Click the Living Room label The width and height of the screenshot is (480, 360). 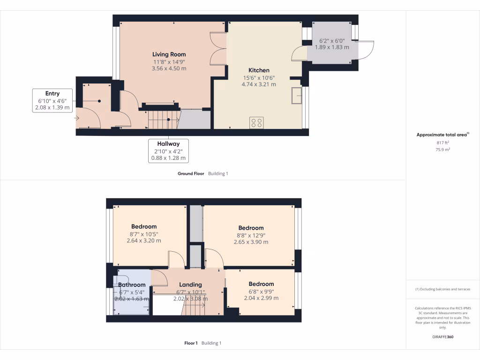(169, 54)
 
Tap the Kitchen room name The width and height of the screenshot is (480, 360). (259, 70)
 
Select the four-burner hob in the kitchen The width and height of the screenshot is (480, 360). (256, 122)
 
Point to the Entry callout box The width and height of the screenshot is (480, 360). (52, 100)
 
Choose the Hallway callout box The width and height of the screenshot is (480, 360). (169, 150)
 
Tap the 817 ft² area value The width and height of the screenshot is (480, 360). (443, 143)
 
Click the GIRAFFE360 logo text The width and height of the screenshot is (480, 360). (443, 337)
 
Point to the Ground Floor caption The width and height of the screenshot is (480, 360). (191, 173)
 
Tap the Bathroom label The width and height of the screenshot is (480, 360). (132, 285)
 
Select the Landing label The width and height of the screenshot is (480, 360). (190, 285)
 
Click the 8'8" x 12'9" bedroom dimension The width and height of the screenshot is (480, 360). (251, 235)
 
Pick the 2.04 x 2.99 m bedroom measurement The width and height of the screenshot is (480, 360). (261, 298)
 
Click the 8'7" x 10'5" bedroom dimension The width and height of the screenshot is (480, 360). (144, 234)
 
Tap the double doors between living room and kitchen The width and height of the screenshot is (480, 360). (218, 49)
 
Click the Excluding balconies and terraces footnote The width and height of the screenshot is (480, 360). (443, 289)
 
